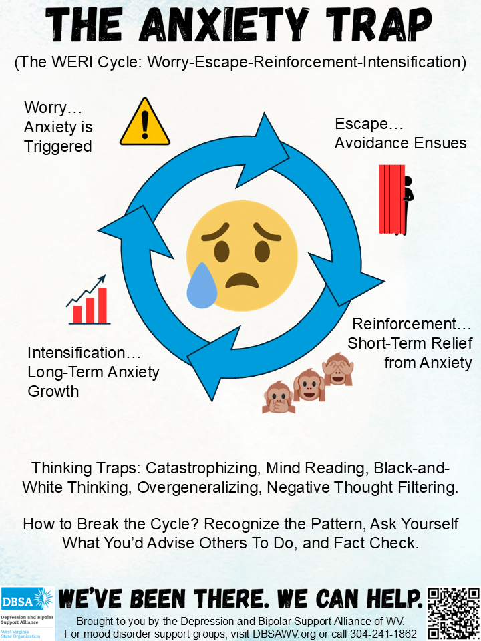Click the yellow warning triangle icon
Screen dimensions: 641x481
click(x=144, y=124)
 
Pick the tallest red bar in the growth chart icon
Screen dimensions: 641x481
click(x=102, y=305)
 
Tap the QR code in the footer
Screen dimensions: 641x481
click(x=454, y=613)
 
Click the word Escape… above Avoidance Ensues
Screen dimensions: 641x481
click(x=361, y=124)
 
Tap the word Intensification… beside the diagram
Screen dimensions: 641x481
click(x=76, y=353)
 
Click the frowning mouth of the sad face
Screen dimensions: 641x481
click(x=241, y=278)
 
